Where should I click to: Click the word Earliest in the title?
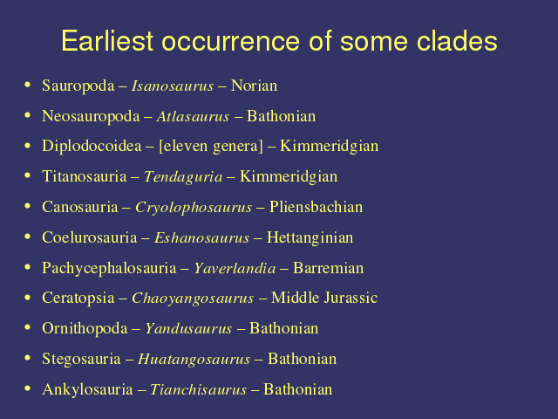(x=107, y=41)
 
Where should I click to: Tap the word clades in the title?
(x=457, y=41)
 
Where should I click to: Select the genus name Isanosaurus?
(x=173, y=86)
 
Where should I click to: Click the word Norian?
(x=254, y=86)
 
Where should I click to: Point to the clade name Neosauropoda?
(x=91, y=117)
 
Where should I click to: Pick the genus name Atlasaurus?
(x=193, y=116)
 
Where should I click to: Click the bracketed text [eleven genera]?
(x=211, y=147)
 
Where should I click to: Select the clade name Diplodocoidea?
(x=92, y=147)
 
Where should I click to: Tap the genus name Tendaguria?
(x=183, y=177)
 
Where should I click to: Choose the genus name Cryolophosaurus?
(x=194, y=208)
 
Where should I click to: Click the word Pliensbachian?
(x=316, y=208)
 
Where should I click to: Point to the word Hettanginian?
(x=310, y=238)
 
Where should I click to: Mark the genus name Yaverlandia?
(x=235, y=268)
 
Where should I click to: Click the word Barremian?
(x=328, y=268)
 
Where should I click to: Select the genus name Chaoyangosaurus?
(x=193, y=299)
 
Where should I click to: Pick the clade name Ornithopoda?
(x=85, y=329)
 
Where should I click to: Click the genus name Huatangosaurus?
(x=194, y=359)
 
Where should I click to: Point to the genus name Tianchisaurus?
(x=198, y=389)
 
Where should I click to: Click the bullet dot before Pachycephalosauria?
(x=27, y=267)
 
